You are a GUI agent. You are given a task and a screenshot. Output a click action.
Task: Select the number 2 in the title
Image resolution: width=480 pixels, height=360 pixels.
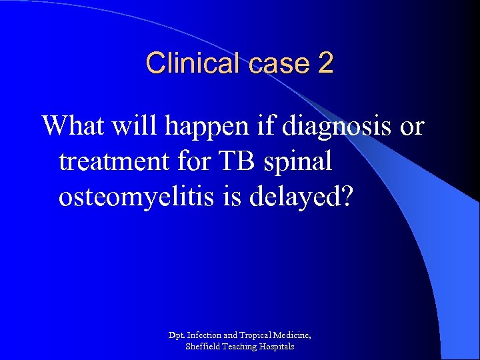325,64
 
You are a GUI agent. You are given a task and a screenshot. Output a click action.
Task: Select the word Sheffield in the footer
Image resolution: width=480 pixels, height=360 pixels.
203,347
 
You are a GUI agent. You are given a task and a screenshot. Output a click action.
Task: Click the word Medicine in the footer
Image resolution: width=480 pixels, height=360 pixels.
294,334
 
